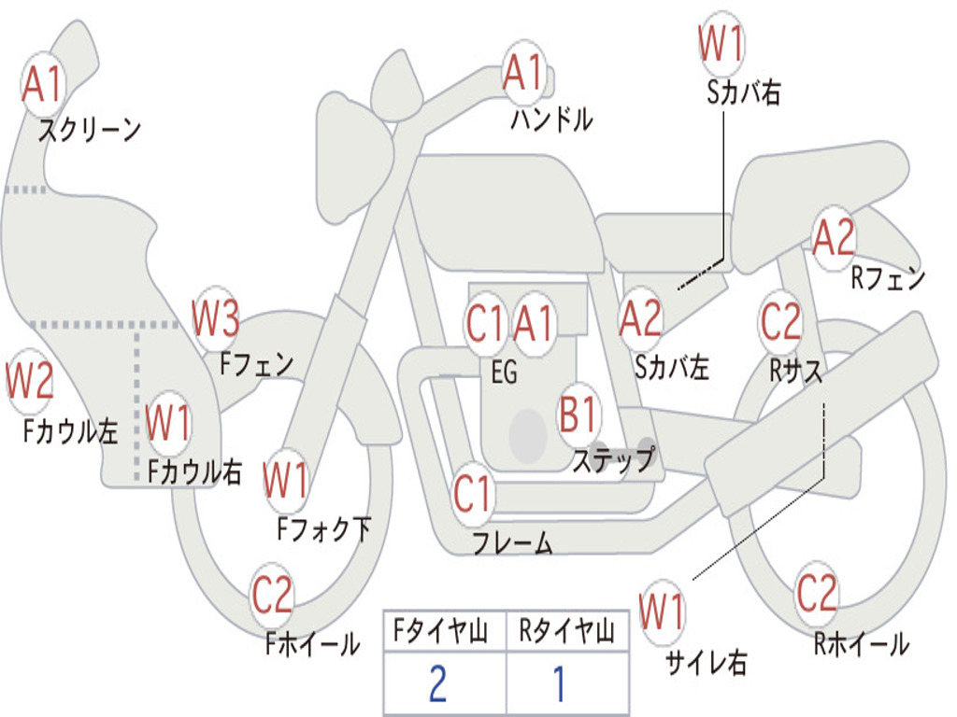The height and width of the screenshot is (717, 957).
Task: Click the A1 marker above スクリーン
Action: (43, 83)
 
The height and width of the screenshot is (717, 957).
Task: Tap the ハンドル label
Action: (551, 119)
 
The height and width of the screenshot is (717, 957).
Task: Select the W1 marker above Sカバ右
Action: (721, 43)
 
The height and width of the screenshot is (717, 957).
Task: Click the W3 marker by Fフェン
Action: (215, 317)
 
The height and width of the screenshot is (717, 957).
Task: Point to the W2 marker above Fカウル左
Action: (29, 380)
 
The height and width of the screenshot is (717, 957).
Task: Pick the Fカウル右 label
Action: (194, 471)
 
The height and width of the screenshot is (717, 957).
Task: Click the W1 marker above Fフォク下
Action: (286, 481)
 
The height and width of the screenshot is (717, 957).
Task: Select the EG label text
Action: (504, 372)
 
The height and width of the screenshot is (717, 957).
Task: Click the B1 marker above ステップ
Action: (578, 414)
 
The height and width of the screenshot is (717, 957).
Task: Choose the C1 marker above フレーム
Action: (472, 493)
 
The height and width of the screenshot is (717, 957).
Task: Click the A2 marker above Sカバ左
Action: (640, 318)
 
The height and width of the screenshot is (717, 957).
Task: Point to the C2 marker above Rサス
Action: (780, 321)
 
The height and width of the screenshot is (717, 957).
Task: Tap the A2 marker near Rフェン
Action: (835, 237)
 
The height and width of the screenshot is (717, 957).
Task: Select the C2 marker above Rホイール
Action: (817, 593)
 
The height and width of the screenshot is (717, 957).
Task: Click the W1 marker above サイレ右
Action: (663, 612)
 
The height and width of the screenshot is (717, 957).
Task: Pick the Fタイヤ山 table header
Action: (441, 630)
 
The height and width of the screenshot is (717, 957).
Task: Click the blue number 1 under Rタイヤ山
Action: (559, 683)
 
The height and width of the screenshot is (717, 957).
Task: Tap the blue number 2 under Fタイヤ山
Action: (438, 683)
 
